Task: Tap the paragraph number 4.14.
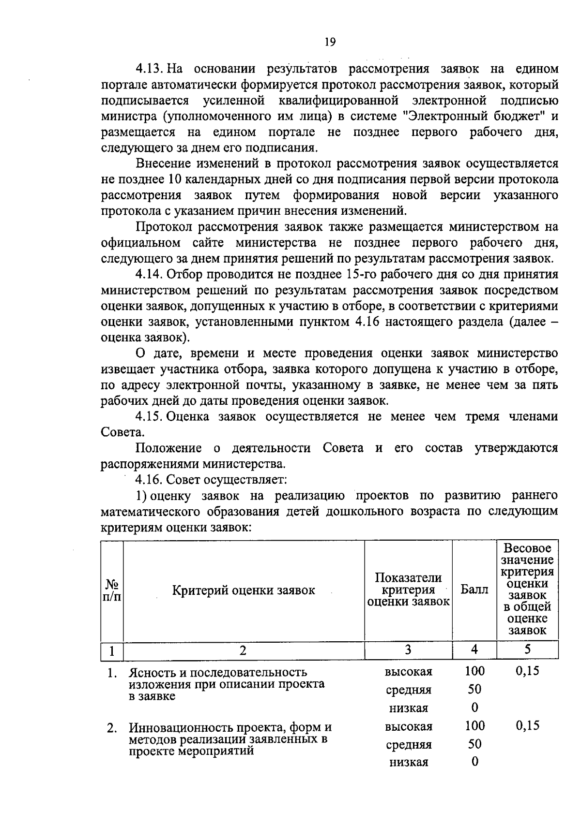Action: pyautogui.click(x=150, y=275)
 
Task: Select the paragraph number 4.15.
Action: pyautogui.click(x=150, y=417)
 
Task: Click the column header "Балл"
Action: pyautogui.click(x=474, y=590)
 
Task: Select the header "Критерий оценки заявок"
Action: pyautogui.click(x=244, y=590)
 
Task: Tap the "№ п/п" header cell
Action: pyautogui.click(x=112, y=590)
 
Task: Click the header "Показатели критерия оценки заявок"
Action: pyautogui.click(x=408, y=590)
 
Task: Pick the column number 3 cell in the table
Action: pyautogui.click(x=408, y=650)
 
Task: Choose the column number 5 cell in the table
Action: pyautogui.click(x=527, y=650)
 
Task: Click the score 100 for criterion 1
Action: pyautogui.click(x=474, y=671)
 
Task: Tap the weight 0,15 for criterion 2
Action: pyautogui.click(x=527, y=725)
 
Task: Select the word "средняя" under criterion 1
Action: pyautogui.click(x=409, y=690)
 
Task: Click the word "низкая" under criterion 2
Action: pyautogui.click(x=409, y=763)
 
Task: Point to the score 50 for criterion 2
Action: pyautogui.click(x=474, y=744)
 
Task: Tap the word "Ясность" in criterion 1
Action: pyautogui.click(x=150, y=673)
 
